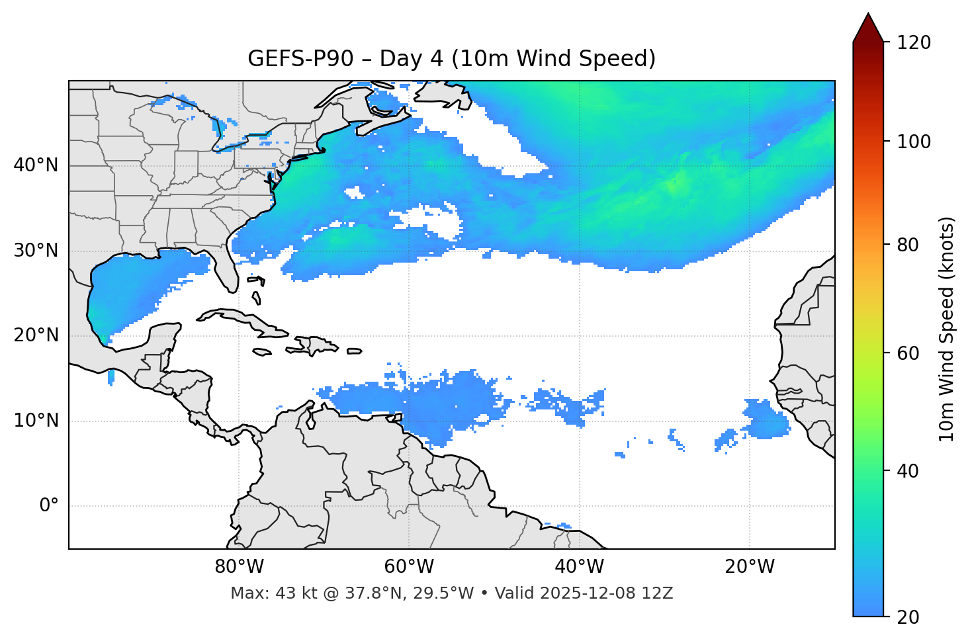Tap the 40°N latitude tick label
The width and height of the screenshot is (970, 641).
(x=36, y=165)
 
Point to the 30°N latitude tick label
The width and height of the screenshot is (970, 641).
(x=36, y=251)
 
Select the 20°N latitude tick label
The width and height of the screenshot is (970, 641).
(x=36, y=335)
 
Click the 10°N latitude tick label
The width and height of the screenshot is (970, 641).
(x=36, y=421)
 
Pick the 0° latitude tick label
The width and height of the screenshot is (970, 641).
(x=48, y=506)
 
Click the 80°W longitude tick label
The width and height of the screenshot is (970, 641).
(x=239, y=567)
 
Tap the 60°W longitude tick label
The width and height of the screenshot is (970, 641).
(x=409, y=567)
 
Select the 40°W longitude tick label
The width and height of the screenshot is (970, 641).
(x=579, y=567)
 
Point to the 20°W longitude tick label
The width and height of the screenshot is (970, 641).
(x=749, y=567)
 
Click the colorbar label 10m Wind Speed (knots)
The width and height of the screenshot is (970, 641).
(x=947, y=329)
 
